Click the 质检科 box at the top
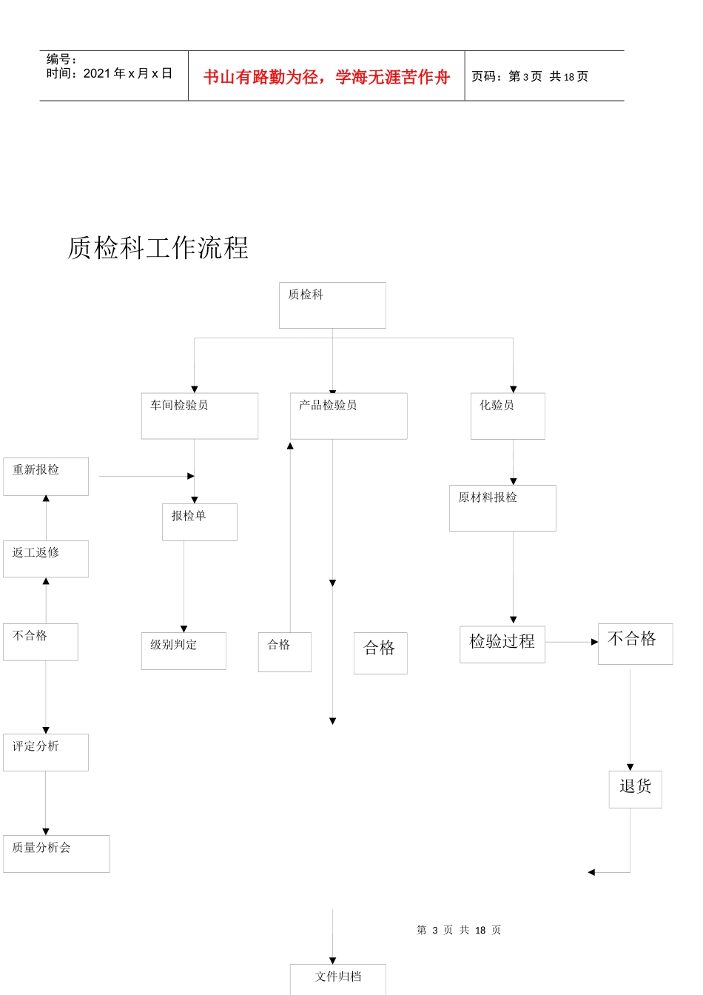pos(332,305)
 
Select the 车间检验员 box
pos(200,416)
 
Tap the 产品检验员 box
pos(349,416)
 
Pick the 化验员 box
pos(508,416)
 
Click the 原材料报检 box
pos(502,508)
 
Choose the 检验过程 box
pos(502,643)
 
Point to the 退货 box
pos(636,789)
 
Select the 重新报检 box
pos(46,477)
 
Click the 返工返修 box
pos(46,559)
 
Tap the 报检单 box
pos(200,522)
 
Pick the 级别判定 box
pos(184,651)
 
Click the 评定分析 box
pos(46,752)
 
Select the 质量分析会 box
pos(56,854)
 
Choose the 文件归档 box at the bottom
pos(338,979)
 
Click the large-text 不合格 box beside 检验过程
pos(635,643)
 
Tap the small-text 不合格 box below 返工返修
pos(41,642)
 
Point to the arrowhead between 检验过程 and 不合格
pos(594,642)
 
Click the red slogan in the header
pos(326,77)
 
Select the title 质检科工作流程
pos(158,248)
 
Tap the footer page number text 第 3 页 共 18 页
pos(459,930)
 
